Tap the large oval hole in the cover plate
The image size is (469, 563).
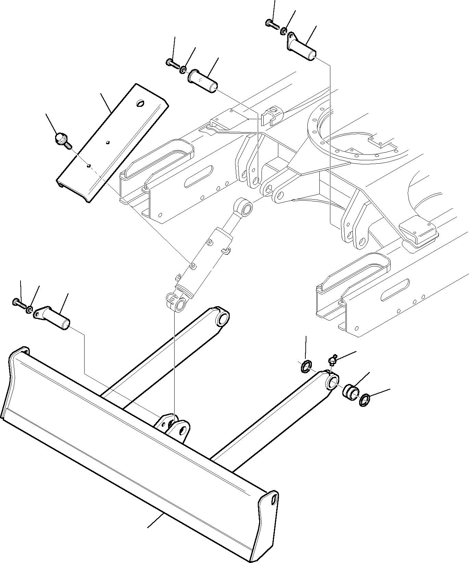141,103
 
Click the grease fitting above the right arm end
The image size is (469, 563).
332,361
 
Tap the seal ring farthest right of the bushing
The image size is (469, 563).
365,400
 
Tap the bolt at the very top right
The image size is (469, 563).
271,24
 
